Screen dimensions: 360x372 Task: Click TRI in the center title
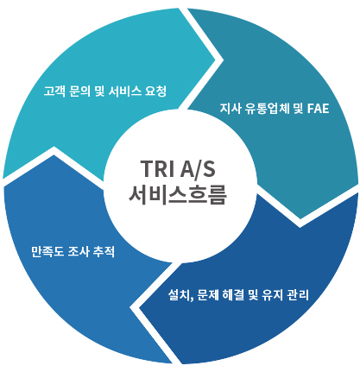(x=157, y=168)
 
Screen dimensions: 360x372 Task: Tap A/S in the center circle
(x=198, y=168)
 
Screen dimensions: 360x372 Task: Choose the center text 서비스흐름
(x=178, y=194)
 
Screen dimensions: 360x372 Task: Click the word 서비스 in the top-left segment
(x=125, y=91)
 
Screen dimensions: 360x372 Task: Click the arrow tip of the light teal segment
(x=215, y=60)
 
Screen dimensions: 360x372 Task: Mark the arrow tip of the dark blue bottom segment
(x=139, y=308)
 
